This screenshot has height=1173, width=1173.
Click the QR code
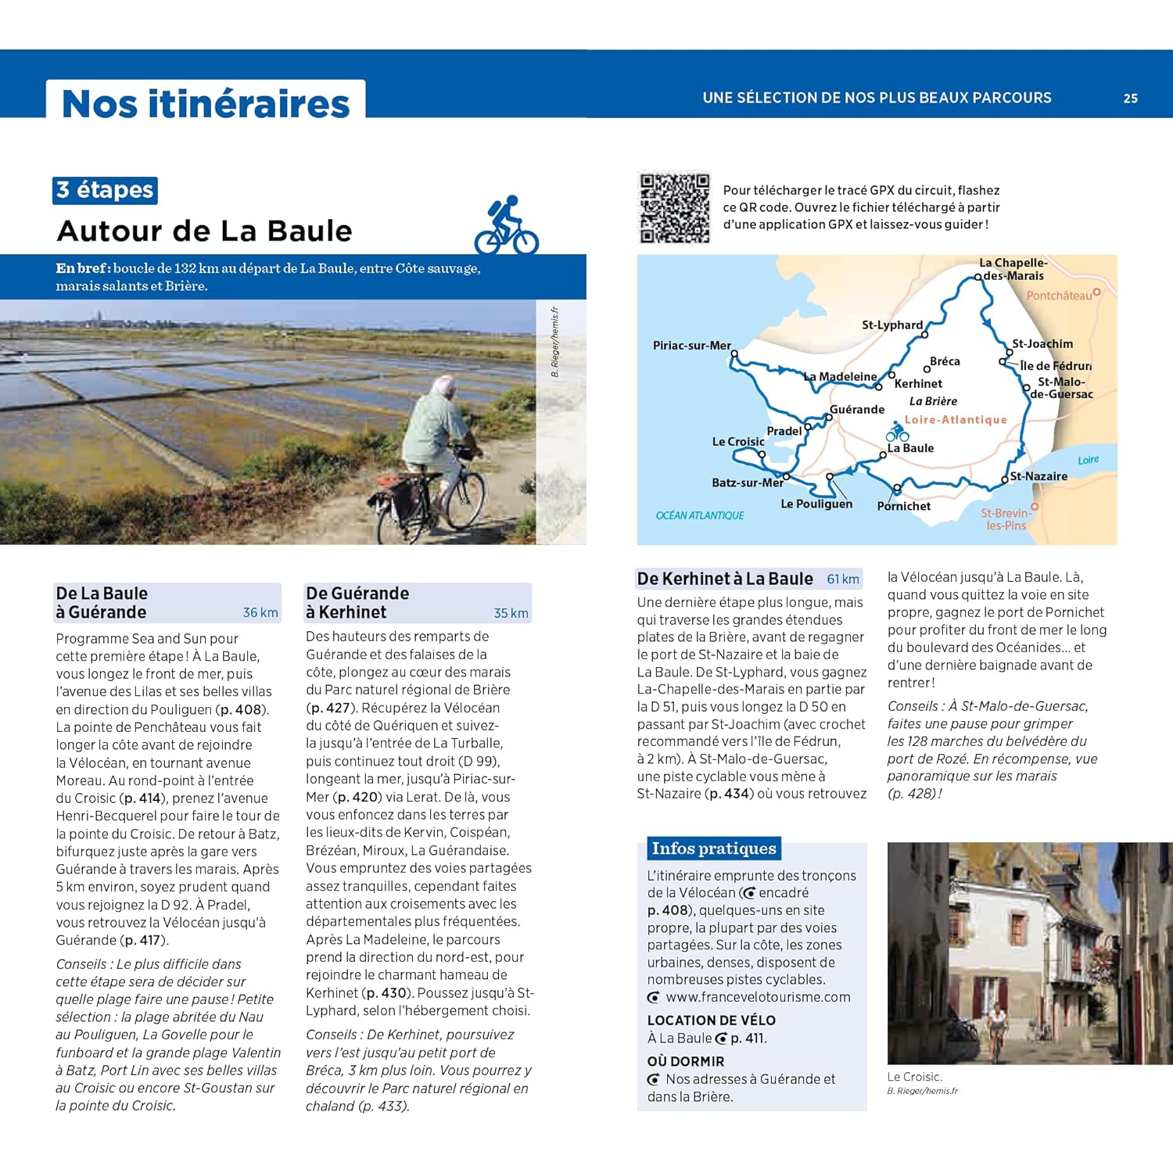[x=675, y=207]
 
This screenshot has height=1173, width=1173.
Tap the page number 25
[x=1130, y=99]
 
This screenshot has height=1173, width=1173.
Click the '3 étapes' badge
[x=106, y=190]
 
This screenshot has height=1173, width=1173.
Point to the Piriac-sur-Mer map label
[x=691, y=346]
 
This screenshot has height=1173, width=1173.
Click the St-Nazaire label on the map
[x=1038, y=476]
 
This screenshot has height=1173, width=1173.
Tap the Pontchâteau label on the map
[x=1059, y=296]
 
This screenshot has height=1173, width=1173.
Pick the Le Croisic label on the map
[x=737, y=442]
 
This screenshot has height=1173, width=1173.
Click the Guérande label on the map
[x=857, y=410]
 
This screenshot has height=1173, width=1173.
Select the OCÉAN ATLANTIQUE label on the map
[x=700, y=515]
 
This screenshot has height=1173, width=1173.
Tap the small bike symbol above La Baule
[x=897, y=432]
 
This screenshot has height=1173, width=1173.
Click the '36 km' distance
[x=260, y=613]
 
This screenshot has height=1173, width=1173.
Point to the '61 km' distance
[x=843, y=579]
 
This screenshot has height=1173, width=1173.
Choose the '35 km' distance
[x=511, y=613]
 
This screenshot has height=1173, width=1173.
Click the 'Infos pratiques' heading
[x=713, y=848]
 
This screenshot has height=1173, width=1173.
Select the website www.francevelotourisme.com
[x=758, y=997]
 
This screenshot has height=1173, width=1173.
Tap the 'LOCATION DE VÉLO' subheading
[x=711, y=1021]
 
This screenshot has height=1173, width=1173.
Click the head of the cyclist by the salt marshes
[x=444, y=386]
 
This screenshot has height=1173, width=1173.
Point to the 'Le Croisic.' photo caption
[x=914, y=1077]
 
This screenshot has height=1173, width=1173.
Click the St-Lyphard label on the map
[x=891, y=325]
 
